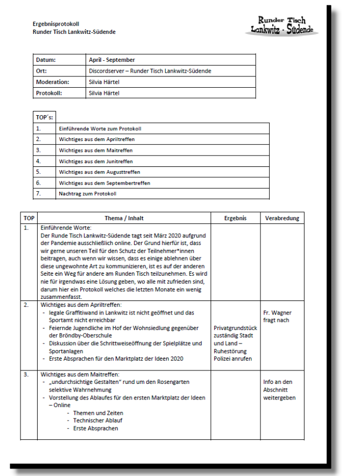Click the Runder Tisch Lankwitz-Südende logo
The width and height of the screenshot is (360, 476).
point(281,25)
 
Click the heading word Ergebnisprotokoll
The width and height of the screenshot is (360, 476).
point(55,24)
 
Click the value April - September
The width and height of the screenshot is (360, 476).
point(112,60)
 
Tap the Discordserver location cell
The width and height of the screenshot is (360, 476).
point(150,71)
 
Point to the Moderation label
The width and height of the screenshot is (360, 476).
point(52,82)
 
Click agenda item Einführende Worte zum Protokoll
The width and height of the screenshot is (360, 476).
point(100,129)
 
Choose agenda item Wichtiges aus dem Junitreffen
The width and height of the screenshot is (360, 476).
point(95,161)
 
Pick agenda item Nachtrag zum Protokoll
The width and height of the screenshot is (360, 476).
point(88,193)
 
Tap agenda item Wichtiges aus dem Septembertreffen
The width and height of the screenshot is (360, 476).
point(104,183)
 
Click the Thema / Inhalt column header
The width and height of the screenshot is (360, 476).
point(124,218)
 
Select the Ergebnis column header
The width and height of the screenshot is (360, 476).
point(236,218)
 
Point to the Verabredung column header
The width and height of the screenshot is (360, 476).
point(282,218)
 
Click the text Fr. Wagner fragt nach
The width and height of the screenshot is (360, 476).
point(276,316)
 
